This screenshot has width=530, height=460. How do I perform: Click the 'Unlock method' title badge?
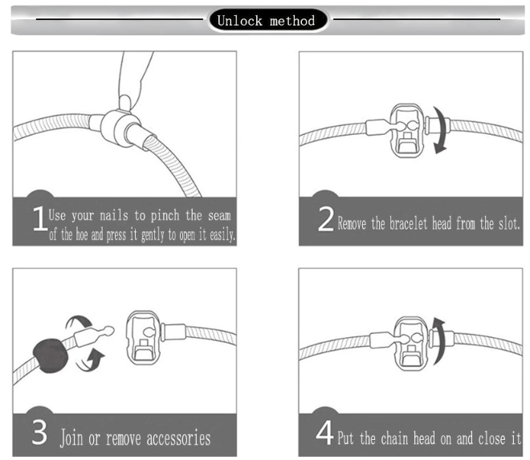pyautogui.click(x=267, y=20)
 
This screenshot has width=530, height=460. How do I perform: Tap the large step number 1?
pyautogui.click(x=39, y=218)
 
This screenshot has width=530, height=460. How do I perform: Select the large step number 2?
pyautogui.click(x=326, y=218)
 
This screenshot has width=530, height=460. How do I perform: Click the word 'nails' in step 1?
pyautogui.click(x=114, y=216)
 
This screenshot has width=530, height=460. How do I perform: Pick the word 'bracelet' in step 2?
pyautogui.click(x=408, y=223)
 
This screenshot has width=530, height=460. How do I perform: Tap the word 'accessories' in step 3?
pyautogui.click(x=178, y=438)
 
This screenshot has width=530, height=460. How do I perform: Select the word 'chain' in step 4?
pyautogui.click(x=394, y=438)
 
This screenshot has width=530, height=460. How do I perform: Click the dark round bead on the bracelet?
pyautogui.click(x=51, y=355)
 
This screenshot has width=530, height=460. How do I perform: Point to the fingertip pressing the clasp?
pyautogui.click(x=124, y=103)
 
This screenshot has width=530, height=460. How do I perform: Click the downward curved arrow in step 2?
pyautogui.click(x=440, y=130)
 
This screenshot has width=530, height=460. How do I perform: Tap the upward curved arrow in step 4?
pyautogui.click(x=439, y=340)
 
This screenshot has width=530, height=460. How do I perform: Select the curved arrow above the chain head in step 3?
pyautogui.click(x=79, y=321)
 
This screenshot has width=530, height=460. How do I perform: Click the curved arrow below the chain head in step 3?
pyautogui.click(x=90, y=360)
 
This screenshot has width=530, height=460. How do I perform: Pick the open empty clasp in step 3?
pyautogui.click(x=144, y=337)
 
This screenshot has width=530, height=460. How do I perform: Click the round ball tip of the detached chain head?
pyautogui.click(x=109, y=330)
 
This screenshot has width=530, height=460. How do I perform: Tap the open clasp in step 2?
pyautogui.click(x=407, y=131)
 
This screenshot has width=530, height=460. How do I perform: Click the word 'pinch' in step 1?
pyautogui.click(x=165, y=216)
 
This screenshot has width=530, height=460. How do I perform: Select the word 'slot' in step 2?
pyautogui.click(x=509, y=223)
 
